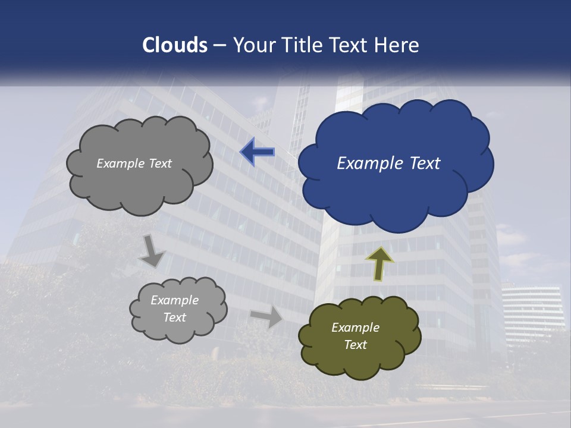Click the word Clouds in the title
pyautogui.click(x=175, y=45)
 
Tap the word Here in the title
pyautogui.click(x=398, y=45)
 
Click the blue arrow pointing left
pyautogui.click(x=258, y=152)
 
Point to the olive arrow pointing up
pyautogui.click(x=379, y=263)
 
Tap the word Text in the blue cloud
pyautogui.click(x=425, y=163)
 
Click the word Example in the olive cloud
pyautogui.click(x=355, y=328)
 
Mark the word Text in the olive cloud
pyautogui.click(x=355, y=345)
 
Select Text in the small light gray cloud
pyautogui.click(x=175, y=317)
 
